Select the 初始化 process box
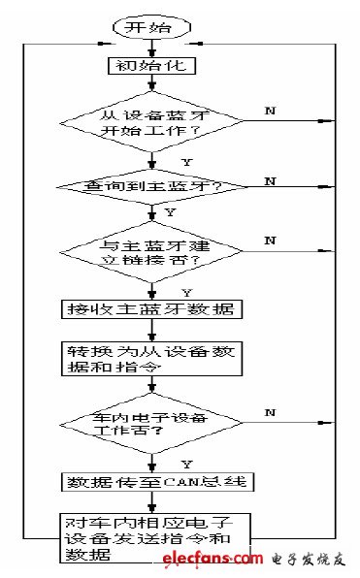150,67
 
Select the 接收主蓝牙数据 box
151,310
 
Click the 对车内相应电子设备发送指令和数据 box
151,536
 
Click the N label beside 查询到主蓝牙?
269,180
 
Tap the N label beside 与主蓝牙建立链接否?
269,240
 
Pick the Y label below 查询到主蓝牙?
172,210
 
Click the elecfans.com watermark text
220,560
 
